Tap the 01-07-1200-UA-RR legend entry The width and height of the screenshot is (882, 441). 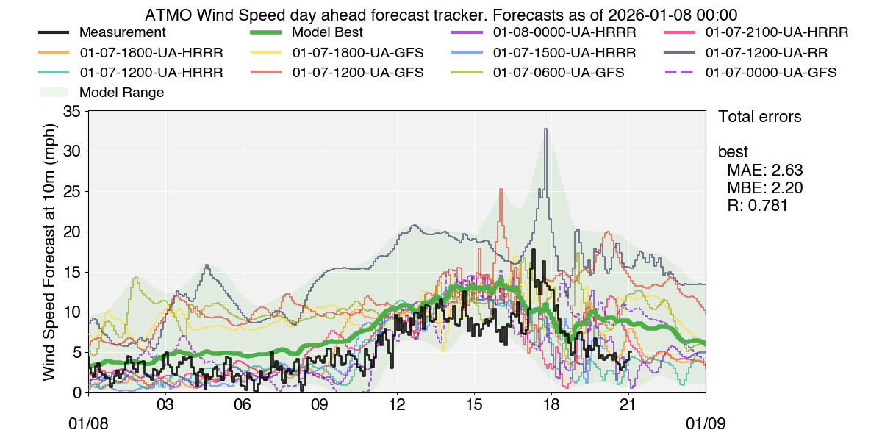[x=764, y=53]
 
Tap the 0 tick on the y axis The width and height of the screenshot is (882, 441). [x=76, y=392]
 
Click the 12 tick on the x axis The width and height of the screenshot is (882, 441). [x=397, y=404]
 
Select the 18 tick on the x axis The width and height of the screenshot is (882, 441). [x=551, y=404]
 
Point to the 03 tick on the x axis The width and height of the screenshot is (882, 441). [x=165, y=404]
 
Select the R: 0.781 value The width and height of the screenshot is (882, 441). [x=758, y=206]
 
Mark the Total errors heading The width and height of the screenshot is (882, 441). [x=759, y=117]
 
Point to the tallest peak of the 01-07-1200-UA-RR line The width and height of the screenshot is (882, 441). [x=545, y=129]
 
